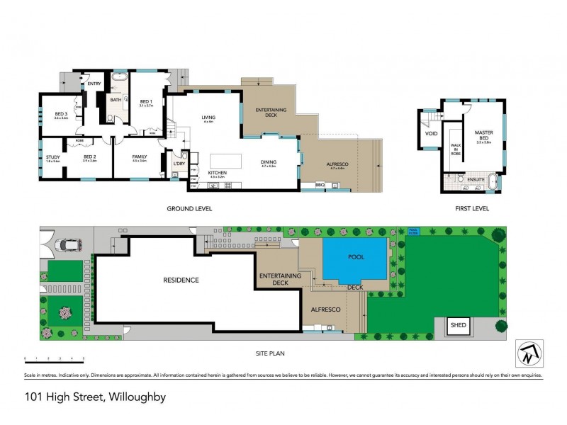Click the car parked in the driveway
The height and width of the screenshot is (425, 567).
70,245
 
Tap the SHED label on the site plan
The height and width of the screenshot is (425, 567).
456,327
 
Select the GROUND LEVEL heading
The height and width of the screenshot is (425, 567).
189,208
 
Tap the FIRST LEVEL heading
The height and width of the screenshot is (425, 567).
471,208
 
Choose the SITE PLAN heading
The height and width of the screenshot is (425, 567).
270,352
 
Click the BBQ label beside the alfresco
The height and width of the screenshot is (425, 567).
319,184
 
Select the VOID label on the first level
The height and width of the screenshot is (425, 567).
431,133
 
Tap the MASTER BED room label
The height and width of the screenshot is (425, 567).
484,135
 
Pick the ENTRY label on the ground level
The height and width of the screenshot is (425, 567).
94,84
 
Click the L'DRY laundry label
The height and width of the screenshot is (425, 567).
179,164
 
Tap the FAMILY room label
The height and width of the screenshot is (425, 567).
138,157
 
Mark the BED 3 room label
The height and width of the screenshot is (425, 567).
61,114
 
